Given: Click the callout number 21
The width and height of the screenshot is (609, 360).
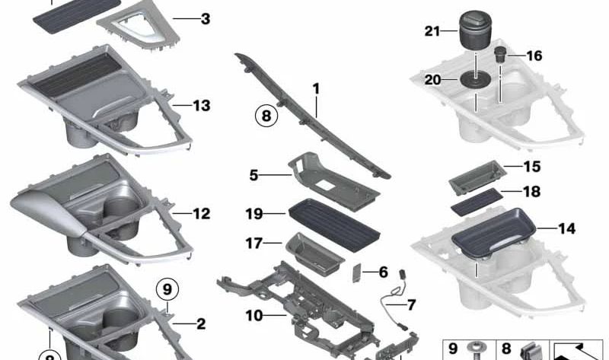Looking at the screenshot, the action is pos(432,31).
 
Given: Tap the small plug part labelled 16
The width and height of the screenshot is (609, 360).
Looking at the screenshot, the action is pos(499,55).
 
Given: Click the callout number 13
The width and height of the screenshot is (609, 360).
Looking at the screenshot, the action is pos(202,105).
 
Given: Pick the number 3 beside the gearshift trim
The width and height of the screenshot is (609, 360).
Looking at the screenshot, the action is pos(206,18).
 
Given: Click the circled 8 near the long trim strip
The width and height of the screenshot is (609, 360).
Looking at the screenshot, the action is pos(266,116).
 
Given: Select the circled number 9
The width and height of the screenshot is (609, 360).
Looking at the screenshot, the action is pos(167,289).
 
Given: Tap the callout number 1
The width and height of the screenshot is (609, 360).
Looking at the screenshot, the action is pos(316,89).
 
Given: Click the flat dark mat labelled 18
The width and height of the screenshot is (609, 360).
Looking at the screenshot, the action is pos(477,202).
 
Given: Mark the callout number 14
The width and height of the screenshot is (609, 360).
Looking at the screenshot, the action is pos(566,228).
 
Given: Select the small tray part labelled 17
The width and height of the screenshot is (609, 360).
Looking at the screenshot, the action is pos(314,254).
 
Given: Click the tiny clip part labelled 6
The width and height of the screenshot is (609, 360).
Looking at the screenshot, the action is pos(356,273).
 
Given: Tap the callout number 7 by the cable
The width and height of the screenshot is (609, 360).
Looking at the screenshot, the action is pos(411,304).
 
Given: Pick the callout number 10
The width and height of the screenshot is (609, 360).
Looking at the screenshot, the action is pos(254,316).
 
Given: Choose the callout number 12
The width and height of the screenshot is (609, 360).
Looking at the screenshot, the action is pos(202,213).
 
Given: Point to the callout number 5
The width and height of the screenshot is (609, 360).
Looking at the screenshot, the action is pos(253,175).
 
